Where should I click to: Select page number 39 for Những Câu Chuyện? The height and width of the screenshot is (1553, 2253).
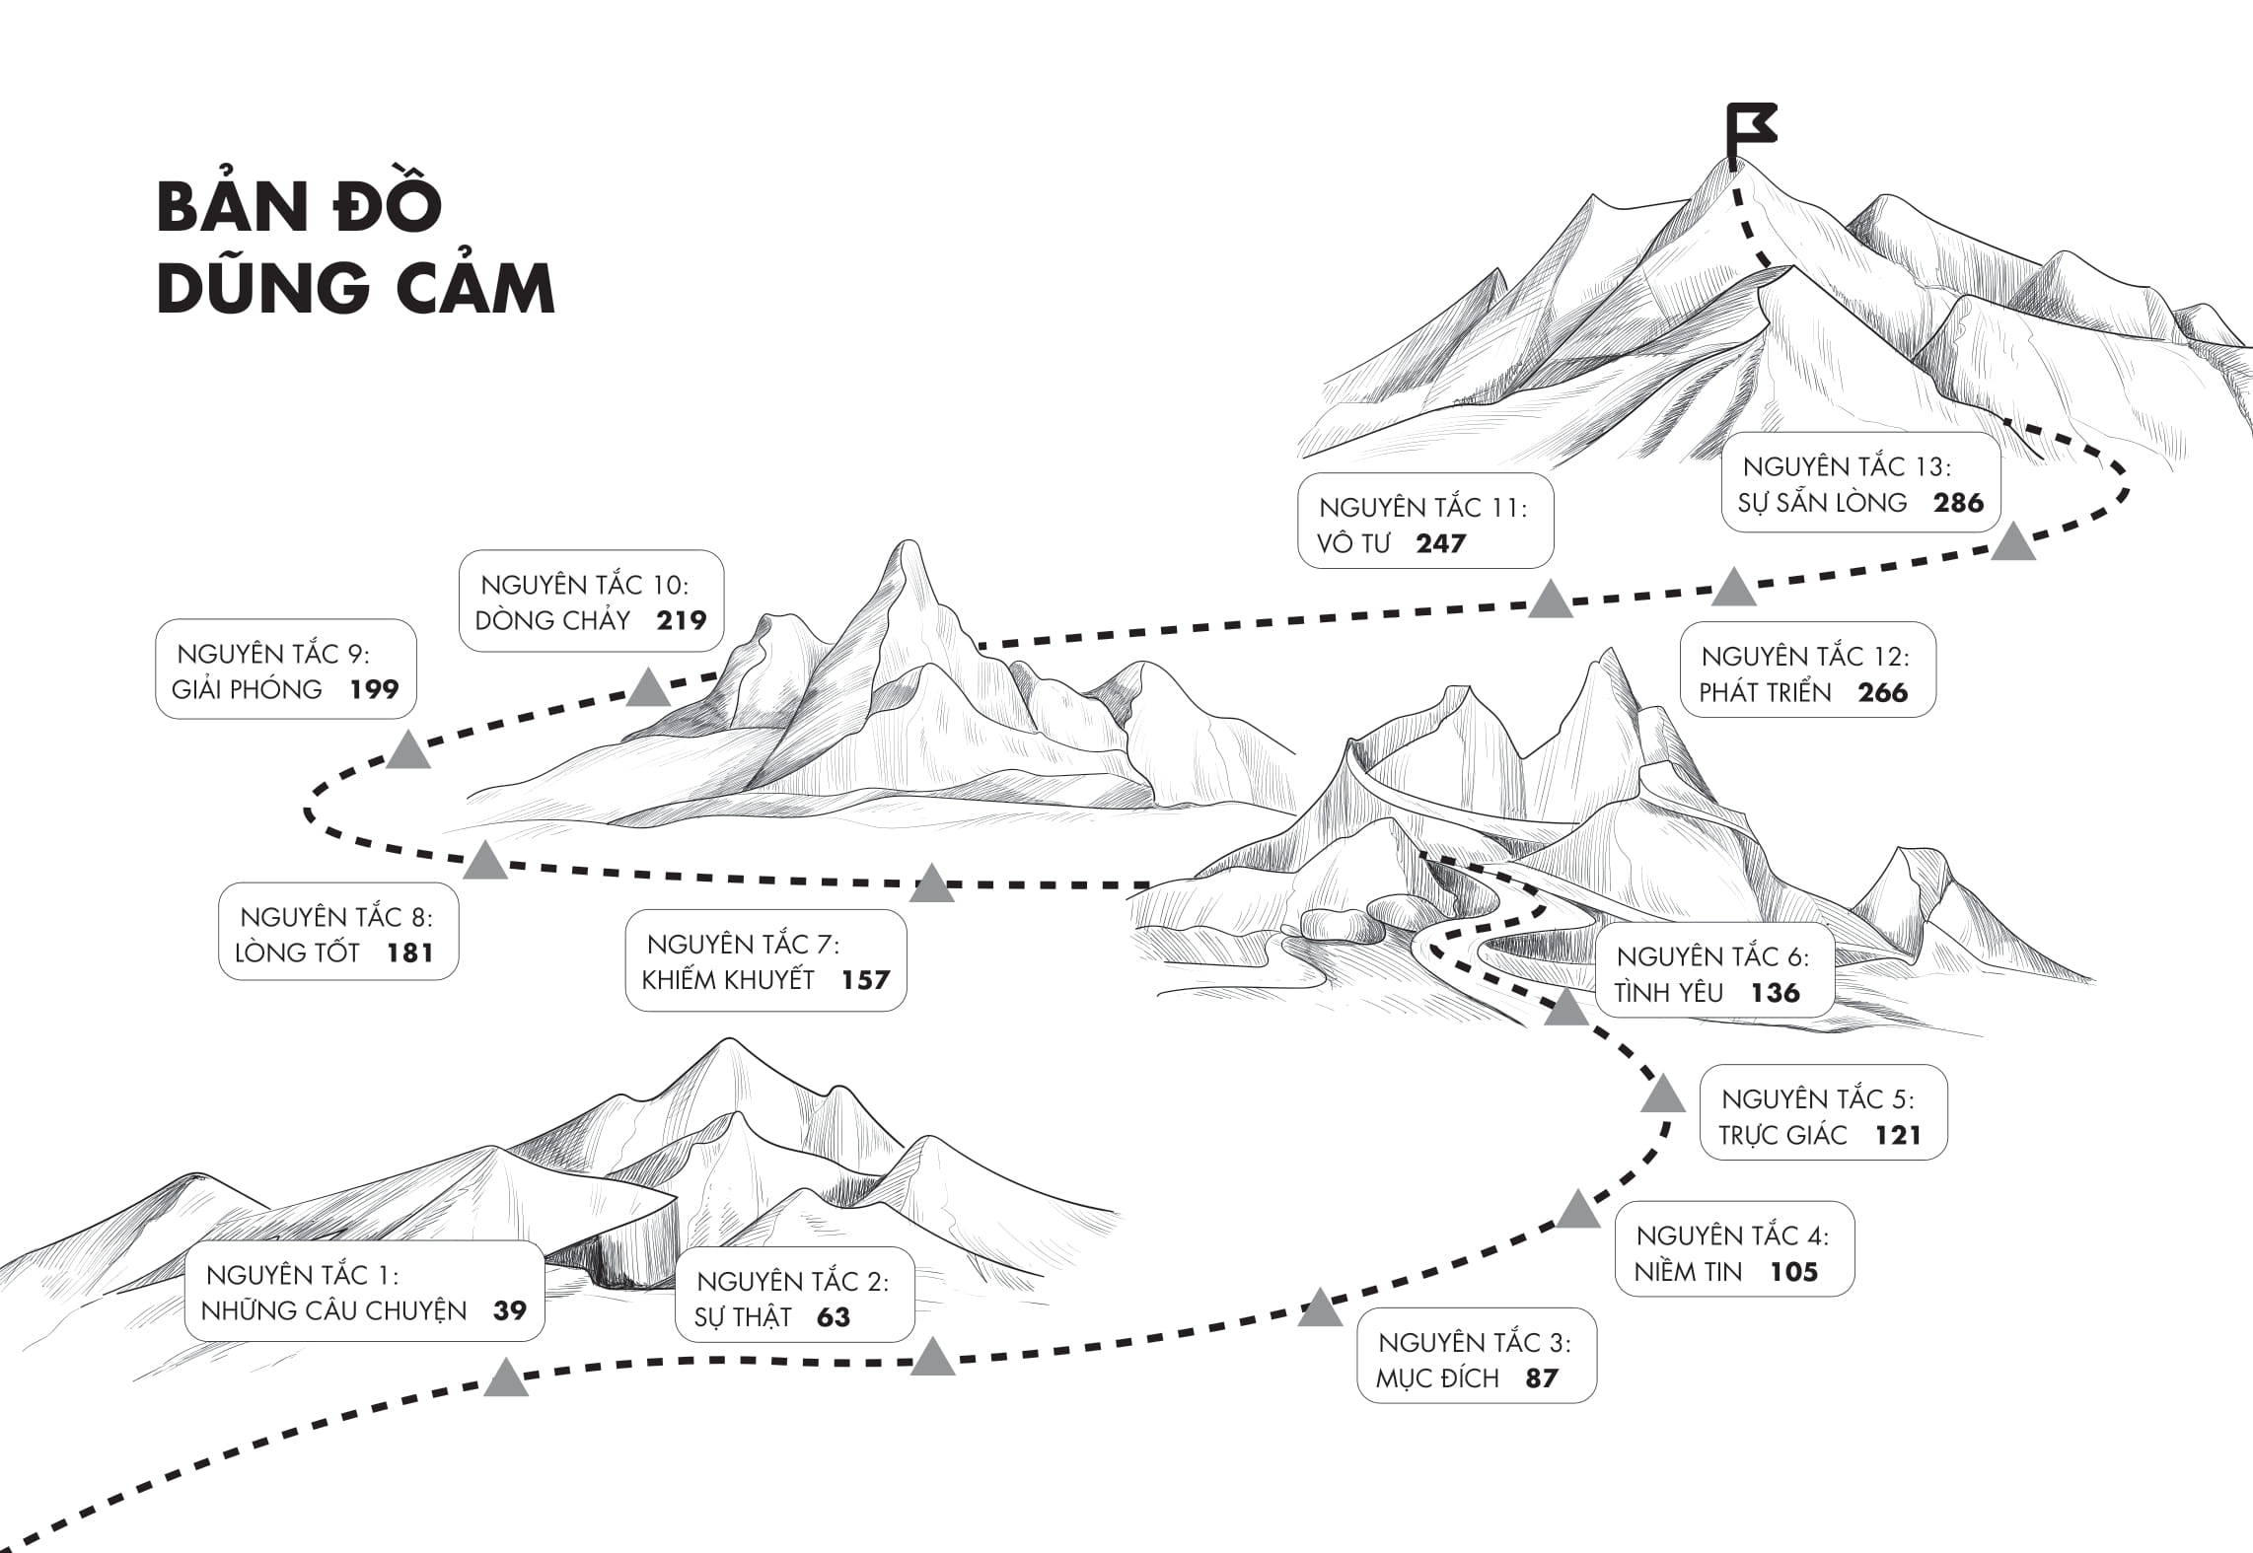[510, 1310]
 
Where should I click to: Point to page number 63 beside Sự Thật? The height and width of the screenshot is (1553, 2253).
[834, 1317]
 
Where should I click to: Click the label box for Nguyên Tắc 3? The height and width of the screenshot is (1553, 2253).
[1476, 1356]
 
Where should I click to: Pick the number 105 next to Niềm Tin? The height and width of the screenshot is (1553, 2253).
[1793, 1272]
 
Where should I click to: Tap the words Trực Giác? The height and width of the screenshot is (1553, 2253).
[1782, 1136]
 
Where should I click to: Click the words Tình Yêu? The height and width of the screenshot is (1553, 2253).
[1669, 993]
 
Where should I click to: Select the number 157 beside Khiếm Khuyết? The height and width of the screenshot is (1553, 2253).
[865, 980]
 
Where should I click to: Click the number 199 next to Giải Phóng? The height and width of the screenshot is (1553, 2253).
[374, 689]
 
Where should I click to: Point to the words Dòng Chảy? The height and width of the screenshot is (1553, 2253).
[552, 620]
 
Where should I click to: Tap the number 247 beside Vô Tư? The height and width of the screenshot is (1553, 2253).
[1440, 543]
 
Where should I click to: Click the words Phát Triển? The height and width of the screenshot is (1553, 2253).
[1765, 692]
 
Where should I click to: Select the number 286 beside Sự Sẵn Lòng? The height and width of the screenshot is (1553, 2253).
[1958, 503]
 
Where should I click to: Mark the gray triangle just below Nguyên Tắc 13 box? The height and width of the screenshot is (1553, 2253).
[2013, 543]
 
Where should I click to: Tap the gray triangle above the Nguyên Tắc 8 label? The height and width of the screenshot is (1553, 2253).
[485, 862]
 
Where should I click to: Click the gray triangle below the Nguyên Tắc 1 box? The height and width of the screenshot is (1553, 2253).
[506, 1378]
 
